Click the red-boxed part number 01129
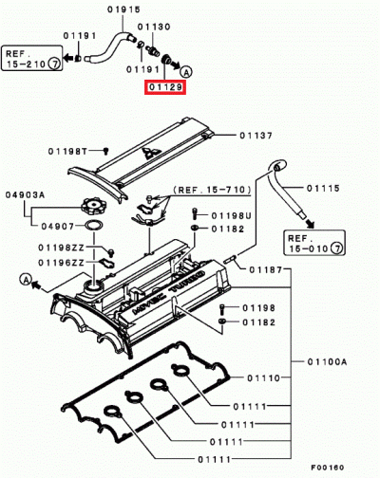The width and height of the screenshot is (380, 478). pyautogui.click(x=164, y=87)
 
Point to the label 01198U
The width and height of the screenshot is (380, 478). pyautogui.click(x=231, y=215)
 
